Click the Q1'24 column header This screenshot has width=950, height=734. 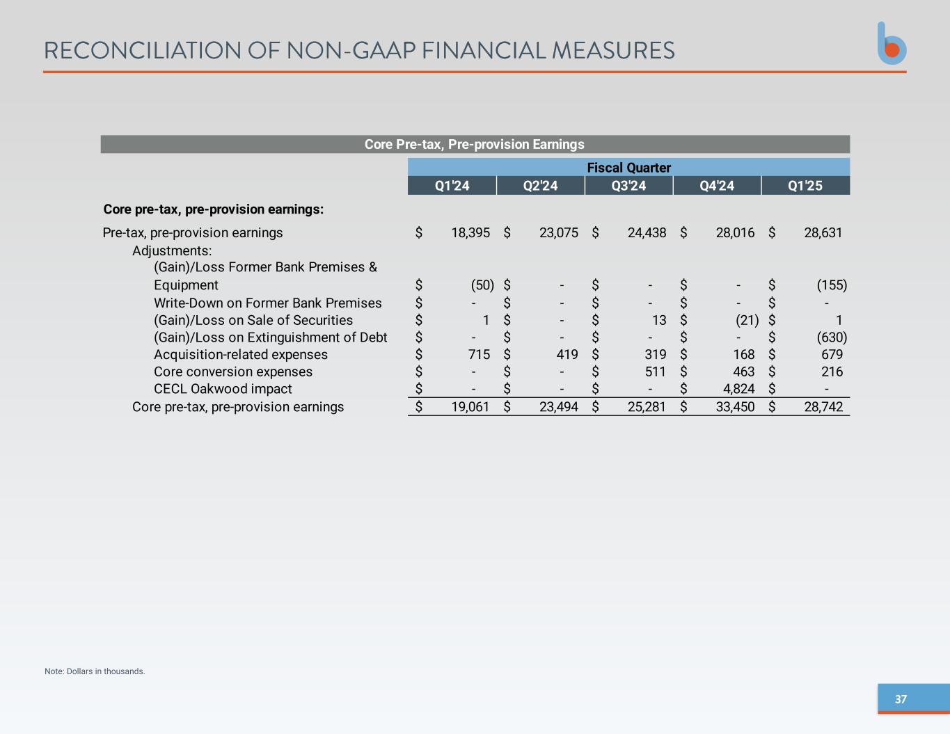452,186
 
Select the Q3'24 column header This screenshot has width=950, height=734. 628,186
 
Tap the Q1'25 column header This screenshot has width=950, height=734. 805,186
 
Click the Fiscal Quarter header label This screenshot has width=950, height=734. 628,168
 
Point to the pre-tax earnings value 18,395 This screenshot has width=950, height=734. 470,233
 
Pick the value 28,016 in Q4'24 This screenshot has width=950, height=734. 735,233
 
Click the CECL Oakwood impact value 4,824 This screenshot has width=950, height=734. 738,389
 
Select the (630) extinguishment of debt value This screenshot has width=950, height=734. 832,337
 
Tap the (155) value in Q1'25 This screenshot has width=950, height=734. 832,285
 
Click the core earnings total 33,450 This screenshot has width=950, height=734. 735,407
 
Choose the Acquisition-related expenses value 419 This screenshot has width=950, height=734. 567,355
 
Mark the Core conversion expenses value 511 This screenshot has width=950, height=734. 655,372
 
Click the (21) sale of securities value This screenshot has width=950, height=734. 747,320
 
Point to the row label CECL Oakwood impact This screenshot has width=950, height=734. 223,389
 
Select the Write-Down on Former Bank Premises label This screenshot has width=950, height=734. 268,303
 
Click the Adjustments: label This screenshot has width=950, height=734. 172,250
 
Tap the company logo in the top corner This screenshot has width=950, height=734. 892,44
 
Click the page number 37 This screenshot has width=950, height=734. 901,699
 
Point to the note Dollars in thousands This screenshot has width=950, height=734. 95,671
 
